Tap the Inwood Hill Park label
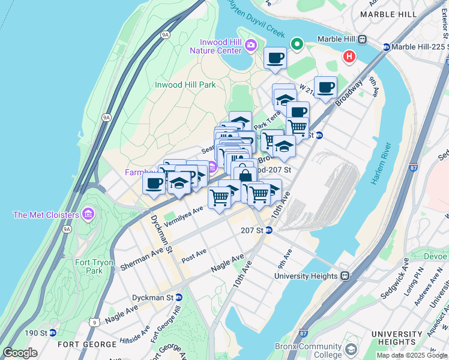point(185,85)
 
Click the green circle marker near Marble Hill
point(296,44)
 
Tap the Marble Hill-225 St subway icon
point(387,47)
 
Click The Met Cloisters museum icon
point(88,214)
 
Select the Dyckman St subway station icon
point(179,297)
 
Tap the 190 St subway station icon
point(53,332)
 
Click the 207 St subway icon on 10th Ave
point(270,230)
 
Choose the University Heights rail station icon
point(345,276)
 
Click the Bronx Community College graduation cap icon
point(351,349)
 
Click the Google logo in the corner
point(19,353)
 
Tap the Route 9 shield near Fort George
point(94,322)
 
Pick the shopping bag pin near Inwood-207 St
point(244,175)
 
